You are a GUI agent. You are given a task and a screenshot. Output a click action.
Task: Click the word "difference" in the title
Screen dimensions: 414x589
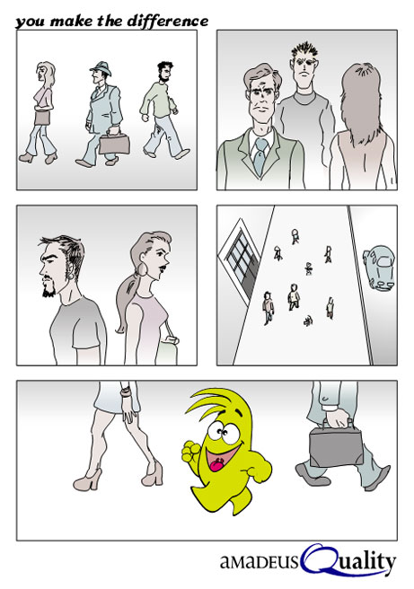click(x=168, y=21)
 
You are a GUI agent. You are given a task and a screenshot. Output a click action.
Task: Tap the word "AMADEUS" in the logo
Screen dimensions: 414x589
click(x=260, y=562)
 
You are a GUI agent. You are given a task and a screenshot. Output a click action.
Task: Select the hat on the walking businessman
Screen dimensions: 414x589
click(x=101, y=68)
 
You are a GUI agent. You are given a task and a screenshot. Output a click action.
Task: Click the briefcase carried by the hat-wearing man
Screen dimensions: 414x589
click(x=114, y=143)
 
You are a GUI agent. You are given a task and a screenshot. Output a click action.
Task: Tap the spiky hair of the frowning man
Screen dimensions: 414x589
click(x=305, y=51)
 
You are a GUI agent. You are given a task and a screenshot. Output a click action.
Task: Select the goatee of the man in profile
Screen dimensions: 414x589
click(x=48, y=288)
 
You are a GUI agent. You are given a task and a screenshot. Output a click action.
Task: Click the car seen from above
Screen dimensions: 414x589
click(x=380, y=268)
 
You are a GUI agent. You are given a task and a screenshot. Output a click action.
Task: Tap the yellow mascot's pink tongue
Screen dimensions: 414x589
click(x=216, y=465)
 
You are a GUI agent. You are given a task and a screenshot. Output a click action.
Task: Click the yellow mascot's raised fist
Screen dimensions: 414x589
click(x=190, y=451)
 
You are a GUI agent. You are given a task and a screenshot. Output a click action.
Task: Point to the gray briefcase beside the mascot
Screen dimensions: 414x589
click(x=336, y=445)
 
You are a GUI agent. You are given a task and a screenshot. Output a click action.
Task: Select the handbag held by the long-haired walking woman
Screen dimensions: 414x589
click(x=42, y=118)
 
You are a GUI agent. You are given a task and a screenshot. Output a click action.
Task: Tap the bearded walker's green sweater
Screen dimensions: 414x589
click(x=159, y=100)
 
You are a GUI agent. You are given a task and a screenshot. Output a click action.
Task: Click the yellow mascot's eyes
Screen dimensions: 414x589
click(x=221, y=431)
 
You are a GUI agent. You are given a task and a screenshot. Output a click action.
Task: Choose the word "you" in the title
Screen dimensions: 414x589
click(x=31, y=22)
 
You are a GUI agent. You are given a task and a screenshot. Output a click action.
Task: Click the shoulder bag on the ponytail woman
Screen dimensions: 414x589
click(x=167, y=350)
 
